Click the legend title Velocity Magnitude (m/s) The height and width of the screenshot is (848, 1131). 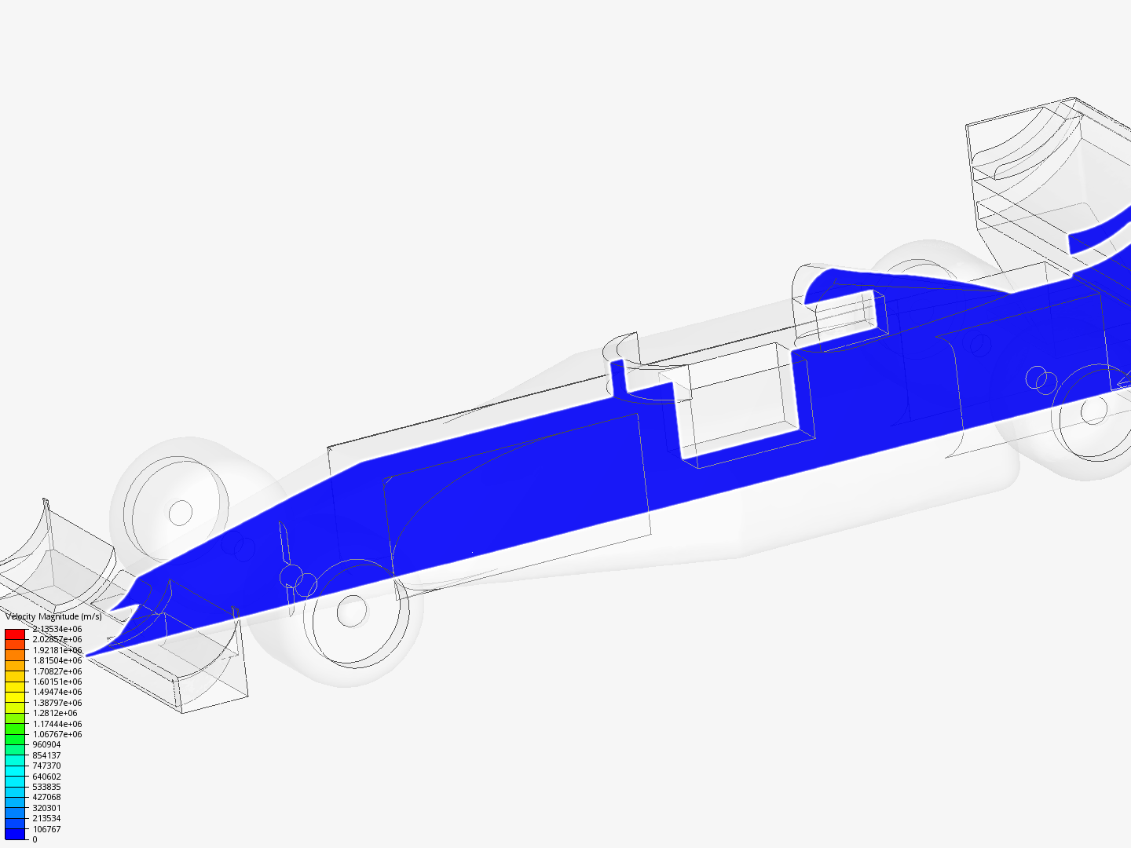53,616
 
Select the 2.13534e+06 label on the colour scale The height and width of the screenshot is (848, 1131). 57,629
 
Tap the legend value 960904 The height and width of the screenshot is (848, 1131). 46,744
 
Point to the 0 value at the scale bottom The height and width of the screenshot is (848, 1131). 35,839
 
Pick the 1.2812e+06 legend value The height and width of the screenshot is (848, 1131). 55,713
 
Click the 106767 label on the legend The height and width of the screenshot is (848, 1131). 46,829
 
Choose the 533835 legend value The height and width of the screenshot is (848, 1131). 46,787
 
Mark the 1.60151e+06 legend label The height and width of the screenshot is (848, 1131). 57,682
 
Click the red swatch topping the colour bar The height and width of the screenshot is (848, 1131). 15,634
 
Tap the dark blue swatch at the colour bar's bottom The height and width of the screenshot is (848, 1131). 15,834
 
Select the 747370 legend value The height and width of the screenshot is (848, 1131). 46,766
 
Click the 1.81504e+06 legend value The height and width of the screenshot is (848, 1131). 57,660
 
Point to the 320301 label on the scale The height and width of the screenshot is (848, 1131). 46,808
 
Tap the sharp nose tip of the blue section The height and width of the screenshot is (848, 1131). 88,654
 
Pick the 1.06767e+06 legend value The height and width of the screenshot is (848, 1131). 57,734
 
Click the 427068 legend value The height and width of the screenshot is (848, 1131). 46,797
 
